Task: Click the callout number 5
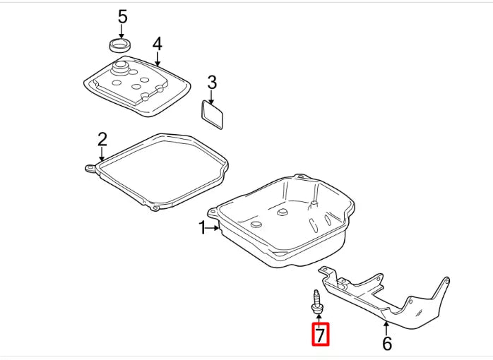point(122,16)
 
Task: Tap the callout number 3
point(212,83)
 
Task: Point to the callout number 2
point(102,138)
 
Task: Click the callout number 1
point(202,227)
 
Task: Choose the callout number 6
point(386,344)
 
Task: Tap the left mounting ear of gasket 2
point(90,167)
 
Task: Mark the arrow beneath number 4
point(157,59)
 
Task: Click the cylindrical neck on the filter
point(121,69)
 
